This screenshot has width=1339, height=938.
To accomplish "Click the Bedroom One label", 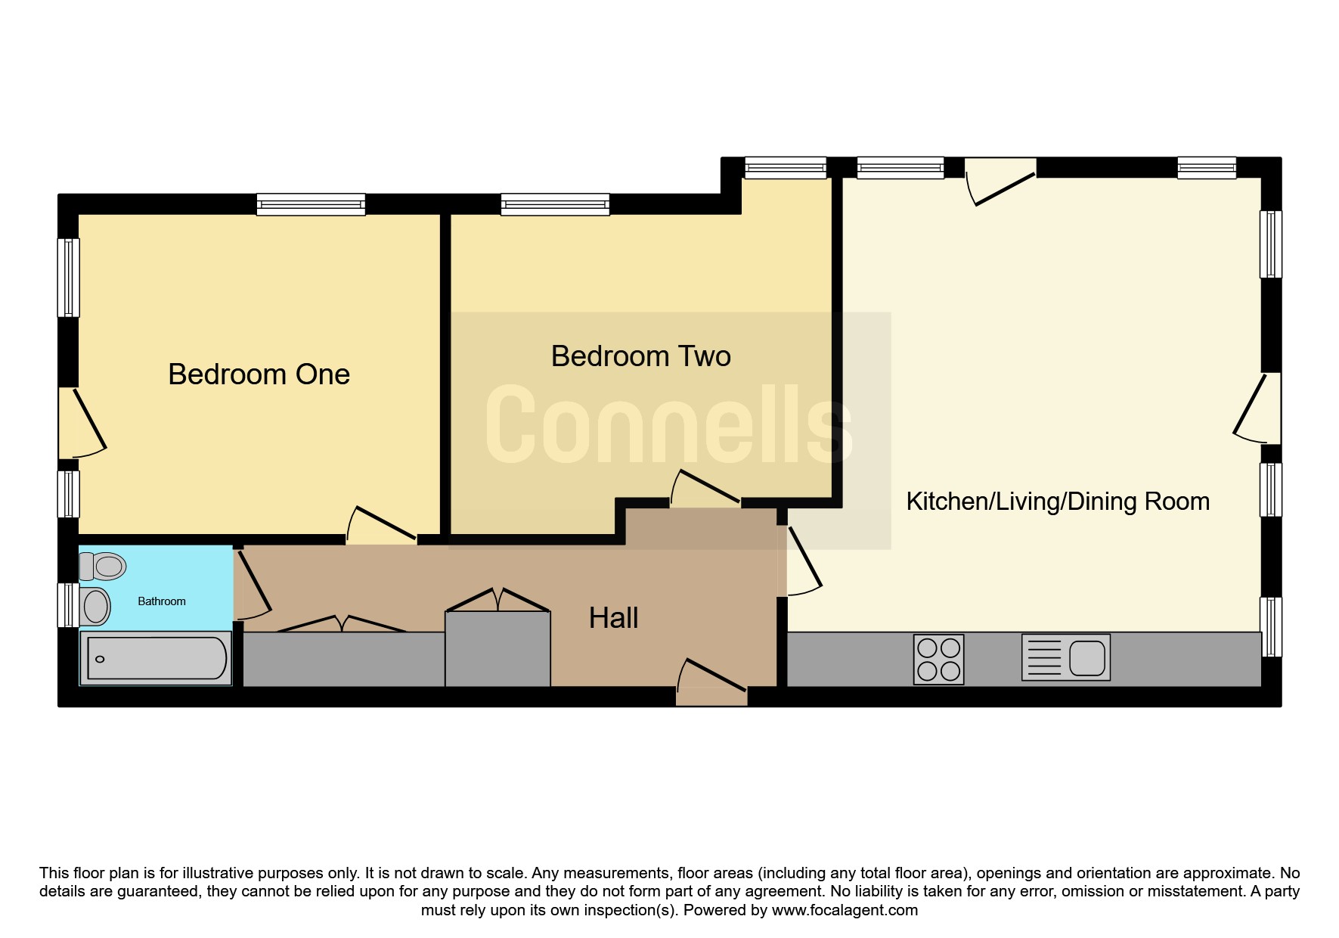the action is coord(259,374).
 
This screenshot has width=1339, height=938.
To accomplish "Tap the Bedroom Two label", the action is coord(640,356).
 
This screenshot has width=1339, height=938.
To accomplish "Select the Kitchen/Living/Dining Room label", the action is coord(1058,502).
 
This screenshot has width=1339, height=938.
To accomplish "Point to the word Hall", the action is coord(613,618).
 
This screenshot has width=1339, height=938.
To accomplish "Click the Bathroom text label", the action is coord(161,601).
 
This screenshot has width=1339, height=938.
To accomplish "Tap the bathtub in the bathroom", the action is coord(156,658).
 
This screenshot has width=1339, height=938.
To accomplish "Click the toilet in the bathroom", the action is coord(103,566).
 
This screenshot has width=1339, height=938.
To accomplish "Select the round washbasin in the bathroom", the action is coord(95,606).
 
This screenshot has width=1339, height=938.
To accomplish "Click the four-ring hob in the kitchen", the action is coord(938,659).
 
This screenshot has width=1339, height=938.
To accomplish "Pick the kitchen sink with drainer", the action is coord(1066,657).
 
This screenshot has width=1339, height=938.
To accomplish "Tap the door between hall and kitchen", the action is coord(801,560).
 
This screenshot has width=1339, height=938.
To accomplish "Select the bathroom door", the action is coord(253,583).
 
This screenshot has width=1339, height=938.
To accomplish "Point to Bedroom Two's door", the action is coord(705,487).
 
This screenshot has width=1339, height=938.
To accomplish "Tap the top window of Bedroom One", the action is coord(311,204).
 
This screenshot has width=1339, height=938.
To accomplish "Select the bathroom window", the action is coord(68,605).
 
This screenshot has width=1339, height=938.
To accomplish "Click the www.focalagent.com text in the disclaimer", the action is coord(845,910).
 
